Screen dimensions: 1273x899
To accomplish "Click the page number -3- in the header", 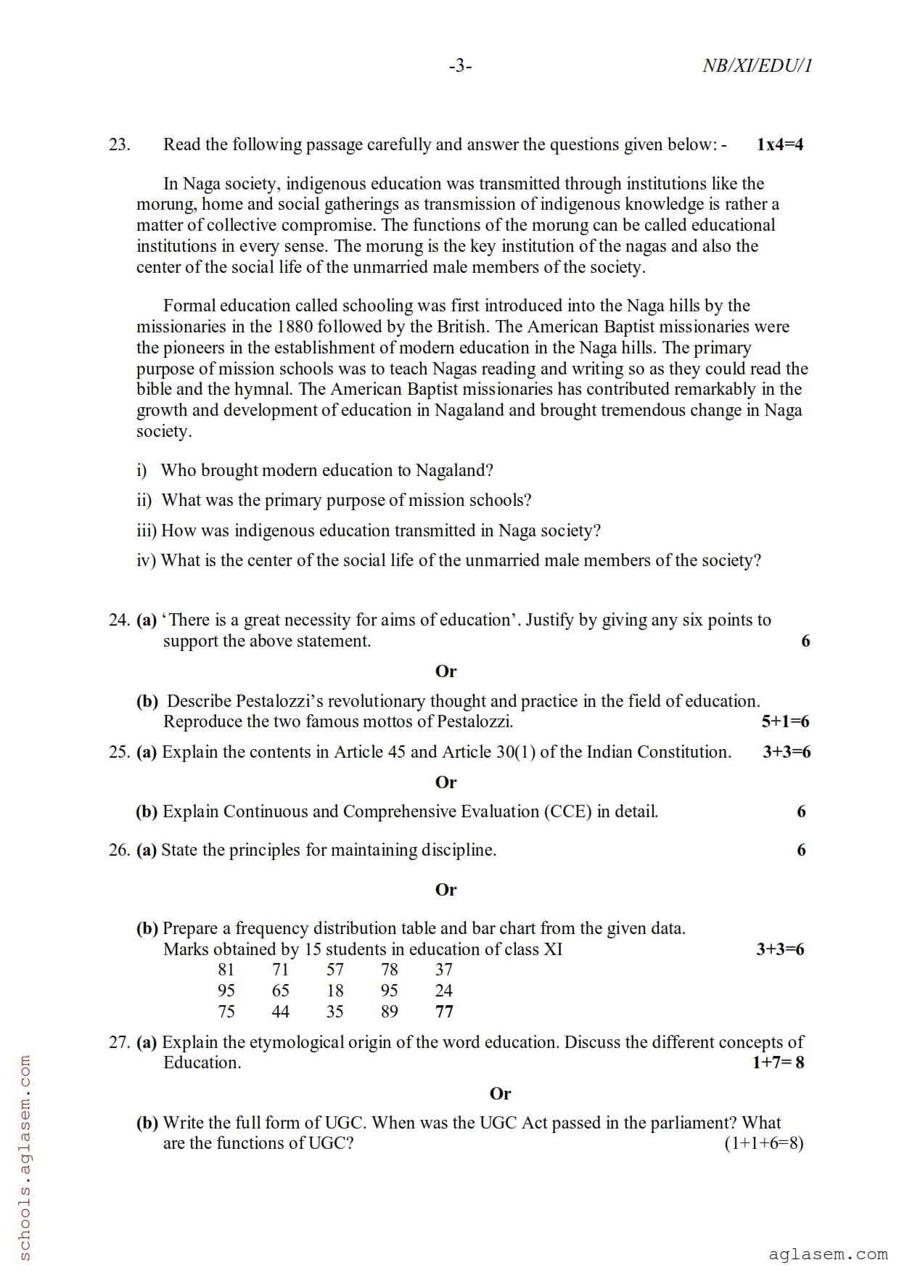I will [x=460, y=66].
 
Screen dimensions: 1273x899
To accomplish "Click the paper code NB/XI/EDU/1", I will [x=757, y=66].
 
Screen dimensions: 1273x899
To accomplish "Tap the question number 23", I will [x=119, y=144].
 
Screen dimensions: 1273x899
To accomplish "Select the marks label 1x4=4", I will [x=780, y=144].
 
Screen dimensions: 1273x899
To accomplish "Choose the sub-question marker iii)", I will [x=147, y=531].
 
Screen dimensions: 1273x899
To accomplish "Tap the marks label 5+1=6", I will [x=785, y=721].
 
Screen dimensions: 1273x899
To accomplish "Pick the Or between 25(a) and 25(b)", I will [x=446, y=782].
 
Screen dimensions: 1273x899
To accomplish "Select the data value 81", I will [x=226, y=970].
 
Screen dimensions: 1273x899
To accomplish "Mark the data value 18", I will [x=335, y=991].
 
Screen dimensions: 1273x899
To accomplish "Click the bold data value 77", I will [x=444, y=1012].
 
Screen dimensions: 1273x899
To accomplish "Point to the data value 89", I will [x=390, y=1012].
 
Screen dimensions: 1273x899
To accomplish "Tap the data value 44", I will [x=281, y=1012].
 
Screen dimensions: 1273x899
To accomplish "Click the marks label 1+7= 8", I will [x=778, y=1063].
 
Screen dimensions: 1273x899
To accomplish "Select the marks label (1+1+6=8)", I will [x=764, y=1143].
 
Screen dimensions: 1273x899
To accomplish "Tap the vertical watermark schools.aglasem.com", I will [x=24, y=1158].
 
